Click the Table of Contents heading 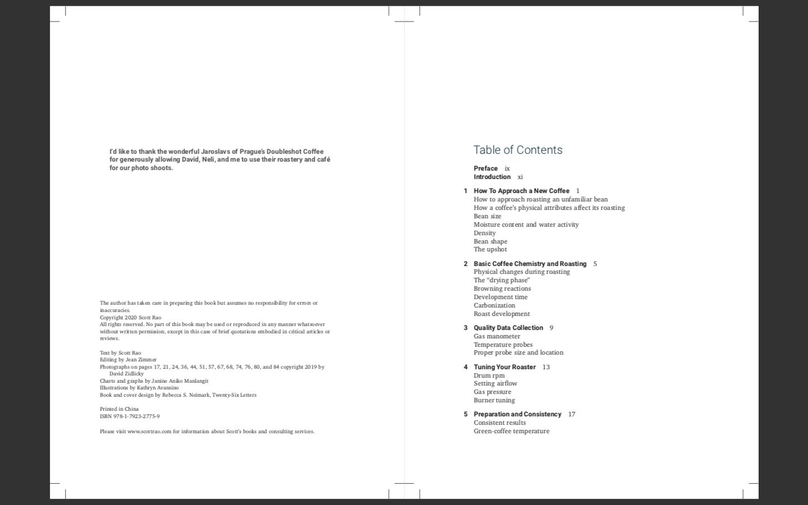[x=517, y=150]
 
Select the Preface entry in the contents [x=485, y=168]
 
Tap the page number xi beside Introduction [x=520, y=177]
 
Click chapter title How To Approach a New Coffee [x=521, y=191]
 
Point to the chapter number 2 [x=465, y=264]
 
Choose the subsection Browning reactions [x=502, y=288]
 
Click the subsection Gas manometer [x=497, y=336]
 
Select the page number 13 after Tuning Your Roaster [x=546, y=367]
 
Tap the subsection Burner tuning [x=494, y=400]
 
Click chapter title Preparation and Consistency [x=517, y=414]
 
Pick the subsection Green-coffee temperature [x=511, y=431]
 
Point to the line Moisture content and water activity [x=526, y=224]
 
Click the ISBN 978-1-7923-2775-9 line [x=130, y=416]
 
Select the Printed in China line [x=119, y=409]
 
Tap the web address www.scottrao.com [x=149, y=431]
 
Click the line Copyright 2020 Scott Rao [x=130, y=318]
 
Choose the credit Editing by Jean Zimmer [x=128, y=360]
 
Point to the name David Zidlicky [x=126, y=374]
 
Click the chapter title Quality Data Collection [x=508, y=328]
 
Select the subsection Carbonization [x=494, y=305]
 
